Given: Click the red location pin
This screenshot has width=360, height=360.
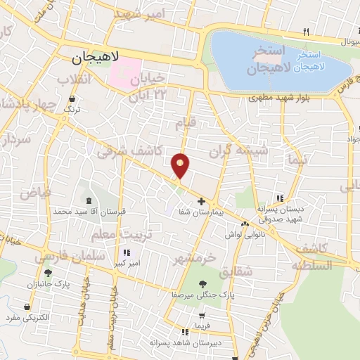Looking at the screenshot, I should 181,165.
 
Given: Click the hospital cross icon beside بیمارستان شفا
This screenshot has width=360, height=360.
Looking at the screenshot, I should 202,201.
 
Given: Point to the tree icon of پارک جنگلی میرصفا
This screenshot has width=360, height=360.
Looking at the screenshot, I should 202,284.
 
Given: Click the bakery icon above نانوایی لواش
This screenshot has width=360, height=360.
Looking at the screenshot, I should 245,224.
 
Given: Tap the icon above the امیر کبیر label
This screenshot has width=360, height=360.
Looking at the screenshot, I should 126,252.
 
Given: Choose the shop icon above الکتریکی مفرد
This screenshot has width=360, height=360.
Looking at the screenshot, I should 27,307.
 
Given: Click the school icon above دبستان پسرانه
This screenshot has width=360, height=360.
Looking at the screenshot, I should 281,199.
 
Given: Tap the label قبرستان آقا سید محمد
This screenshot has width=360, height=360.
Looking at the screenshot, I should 82,211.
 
